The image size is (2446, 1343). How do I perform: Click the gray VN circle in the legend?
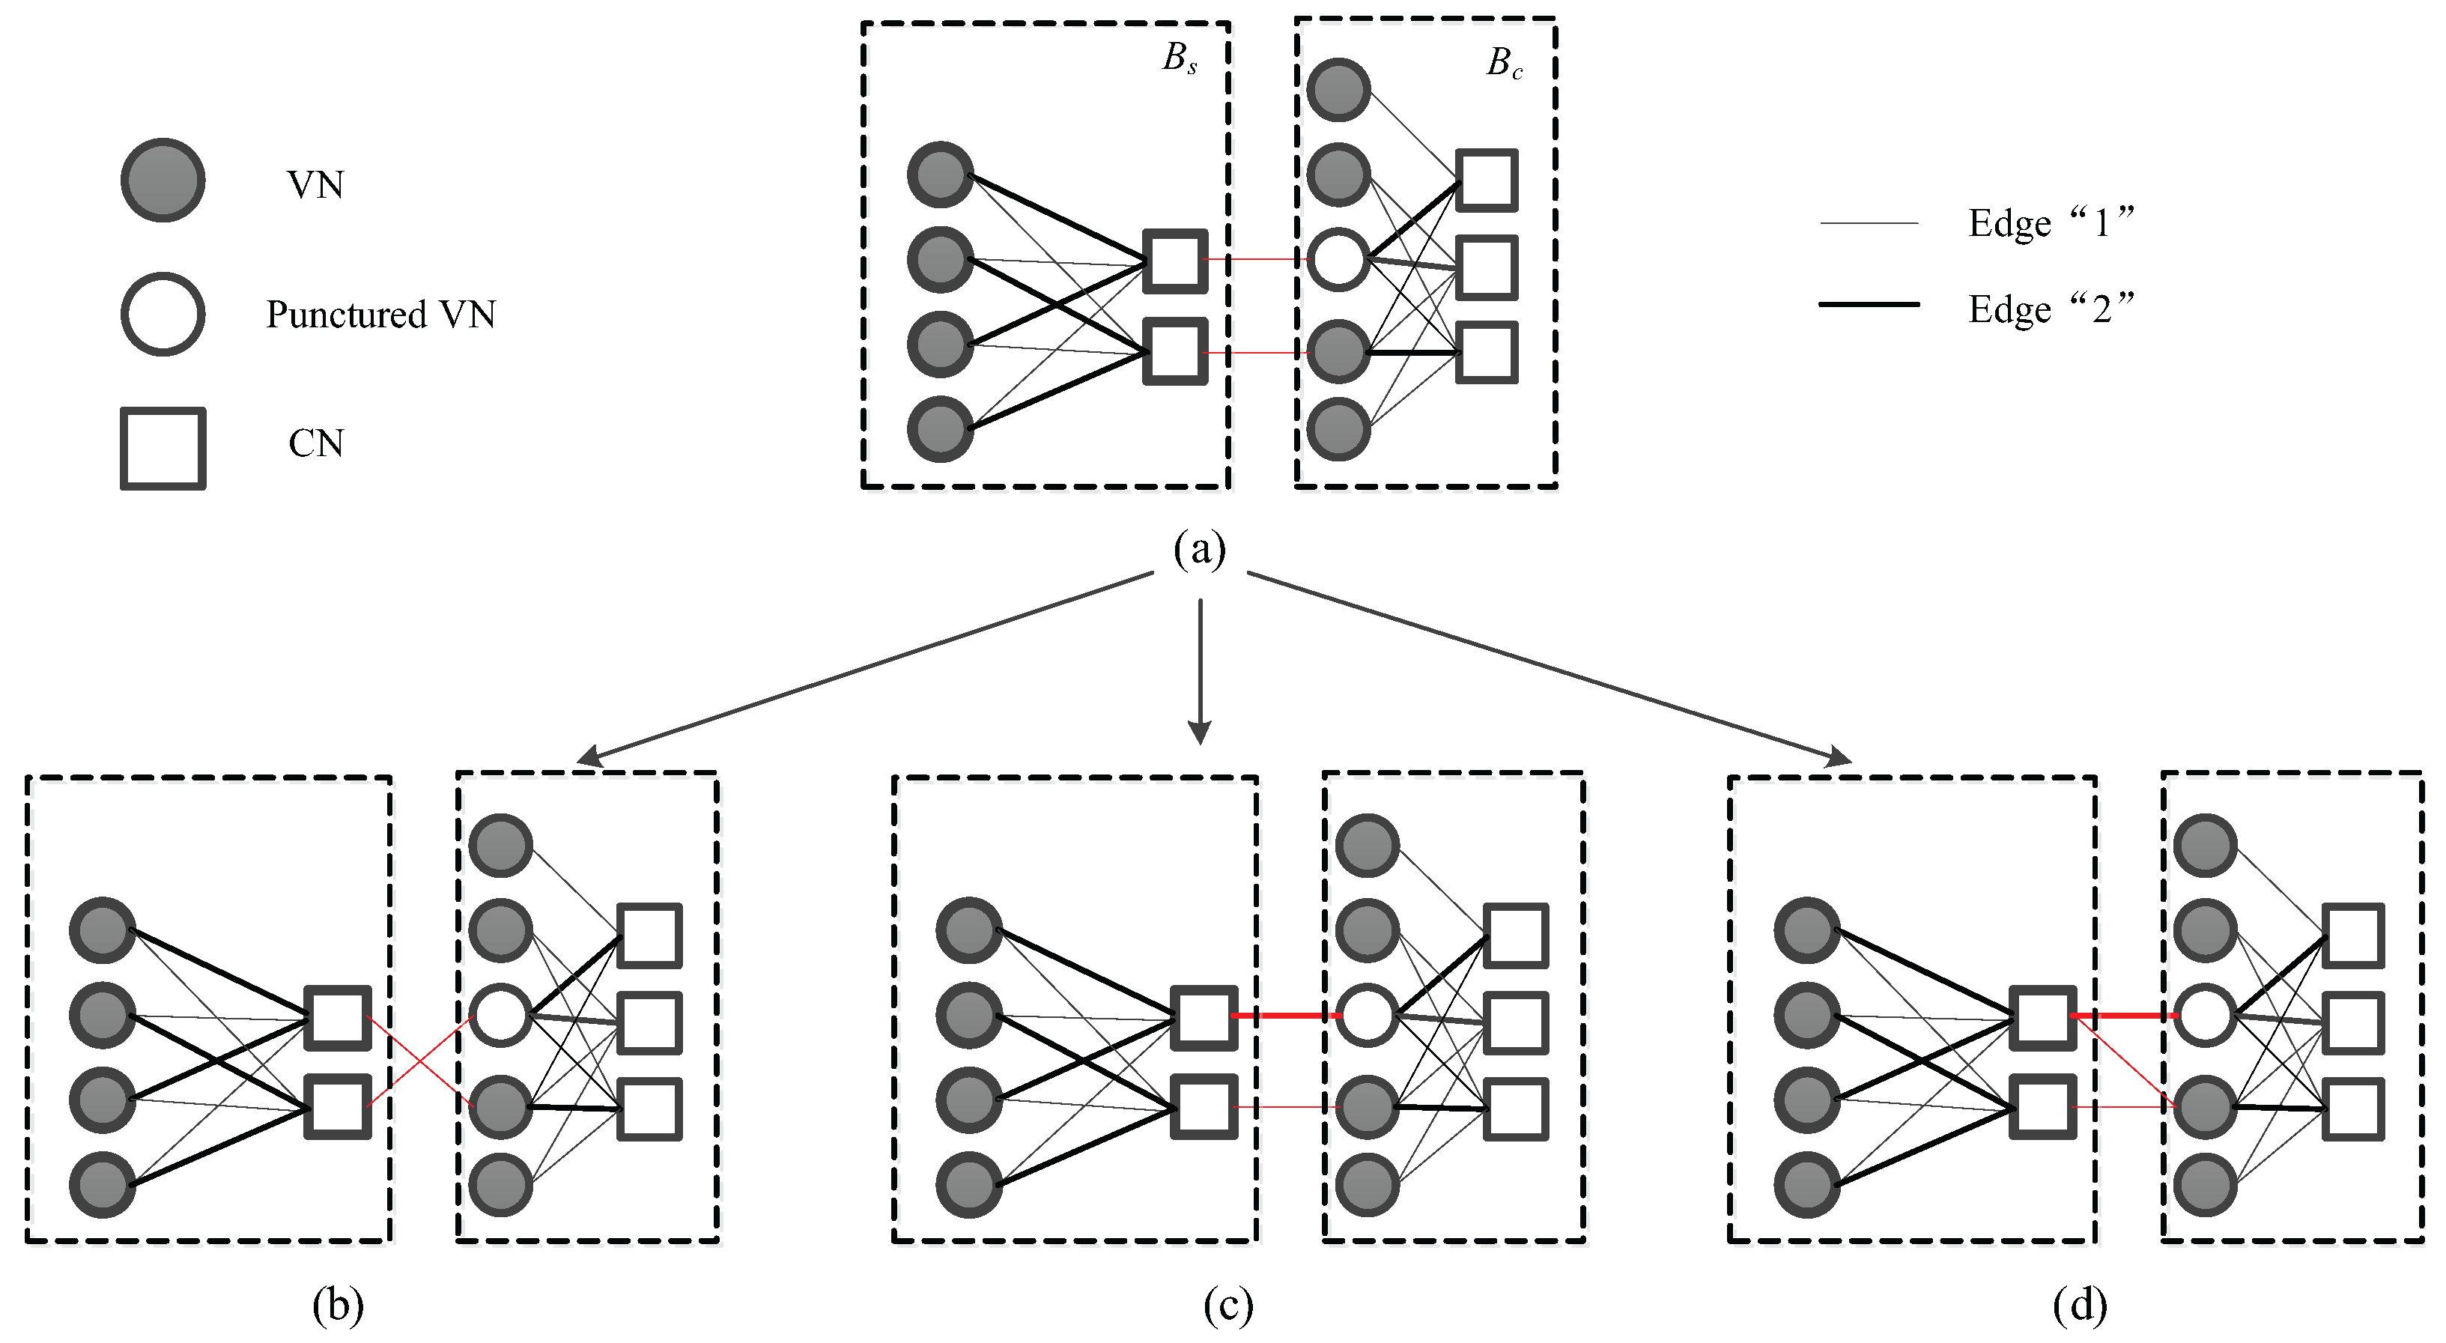(163, 181)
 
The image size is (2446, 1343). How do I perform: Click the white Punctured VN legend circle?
(163, 315)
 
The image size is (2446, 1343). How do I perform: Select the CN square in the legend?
(163, 449)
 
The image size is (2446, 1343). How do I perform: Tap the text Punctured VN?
(380, 315)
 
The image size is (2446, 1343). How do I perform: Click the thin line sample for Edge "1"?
(1869, 223)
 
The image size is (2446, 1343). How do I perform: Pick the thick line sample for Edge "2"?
(1869, 305)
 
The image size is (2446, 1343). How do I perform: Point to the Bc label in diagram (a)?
(1504, 64)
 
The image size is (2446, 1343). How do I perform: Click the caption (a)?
(1199, 549)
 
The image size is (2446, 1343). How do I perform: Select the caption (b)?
(338, 1306)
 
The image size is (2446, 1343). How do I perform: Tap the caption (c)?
(1227, 1306)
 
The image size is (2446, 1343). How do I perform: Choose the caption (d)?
(2080, 1306)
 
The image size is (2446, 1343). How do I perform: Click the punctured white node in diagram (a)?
(1338, 259)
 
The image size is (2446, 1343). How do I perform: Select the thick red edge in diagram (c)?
(1286, 1016)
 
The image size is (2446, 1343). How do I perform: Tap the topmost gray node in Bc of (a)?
(1338, 90)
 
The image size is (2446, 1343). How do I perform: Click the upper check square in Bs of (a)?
(1174, 260)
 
